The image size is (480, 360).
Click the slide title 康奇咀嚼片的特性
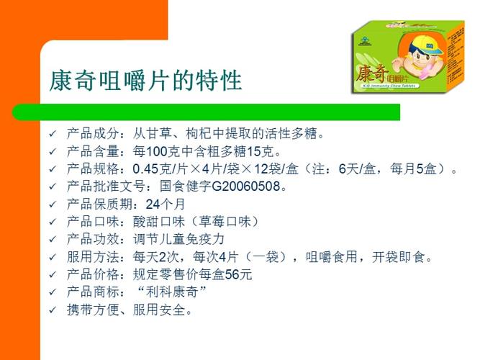coord(145,81)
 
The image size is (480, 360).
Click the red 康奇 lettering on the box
coord(371,74)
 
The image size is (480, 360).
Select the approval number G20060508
coord(246,186)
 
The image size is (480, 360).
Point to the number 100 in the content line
coord(156,151)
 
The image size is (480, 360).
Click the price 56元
coord(238,274)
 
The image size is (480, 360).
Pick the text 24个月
coord(166,204)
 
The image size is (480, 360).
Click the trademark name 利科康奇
coord(172,292)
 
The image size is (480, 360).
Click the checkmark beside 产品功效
coord(53,239)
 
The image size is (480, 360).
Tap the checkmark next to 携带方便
coord(53,310)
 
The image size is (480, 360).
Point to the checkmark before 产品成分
coord(53,134)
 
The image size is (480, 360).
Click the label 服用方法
coord(93,257)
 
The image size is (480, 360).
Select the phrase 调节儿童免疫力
coord(178,239)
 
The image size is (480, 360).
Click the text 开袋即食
coord(398,257)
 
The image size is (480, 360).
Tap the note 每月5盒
coord(413,168)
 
